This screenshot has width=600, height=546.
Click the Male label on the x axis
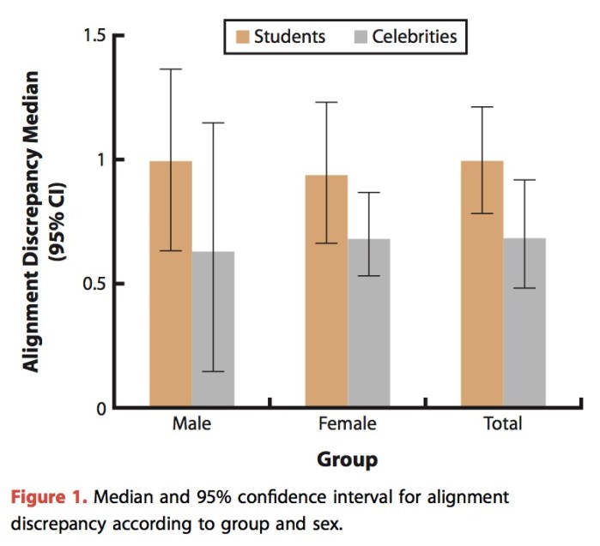[x=191, y=423]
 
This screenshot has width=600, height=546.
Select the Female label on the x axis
[x=347, y=423]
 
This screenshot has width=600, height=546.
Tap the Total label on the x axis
[x=503, y=423]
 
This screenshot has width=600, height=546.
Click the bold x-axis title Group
[x=347, y=460]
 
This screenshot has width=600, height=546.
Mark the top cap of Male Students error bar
[x=171, y=69]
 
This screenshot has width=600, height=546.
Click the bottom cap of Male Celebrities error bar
[x=213, y=371]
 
